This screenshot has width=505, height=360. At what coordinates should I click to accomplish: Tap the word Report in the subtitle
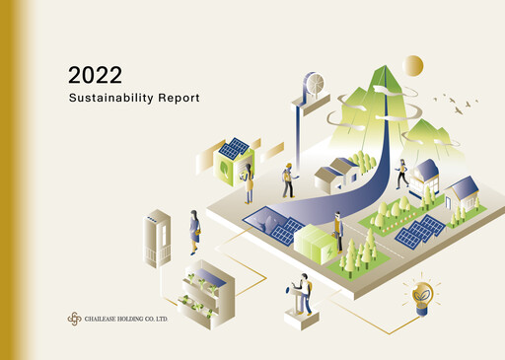[x=179, y=100]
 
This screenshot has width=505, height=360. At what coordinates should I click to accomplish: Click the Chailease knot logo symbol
[x=73, y=318]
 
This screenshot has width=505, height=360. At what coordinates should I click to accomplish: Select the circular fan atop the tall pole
[x=314, y=83]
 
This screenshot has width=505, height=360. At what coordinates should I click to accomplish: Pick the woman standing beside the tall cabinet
[x=194, y=233]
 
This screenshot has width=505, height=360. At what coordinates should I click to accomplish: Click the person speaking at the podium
[x=304, y=292]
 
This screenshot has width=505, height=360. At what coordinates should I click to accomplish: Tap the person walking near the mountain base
[x=400, y=174]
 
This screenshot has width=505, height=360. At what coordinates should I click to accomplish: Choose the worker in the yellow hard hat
[x=288, y=180]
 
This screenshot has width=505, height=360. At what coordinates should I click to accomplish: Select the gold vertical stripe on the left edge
[x=9, y=180]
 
